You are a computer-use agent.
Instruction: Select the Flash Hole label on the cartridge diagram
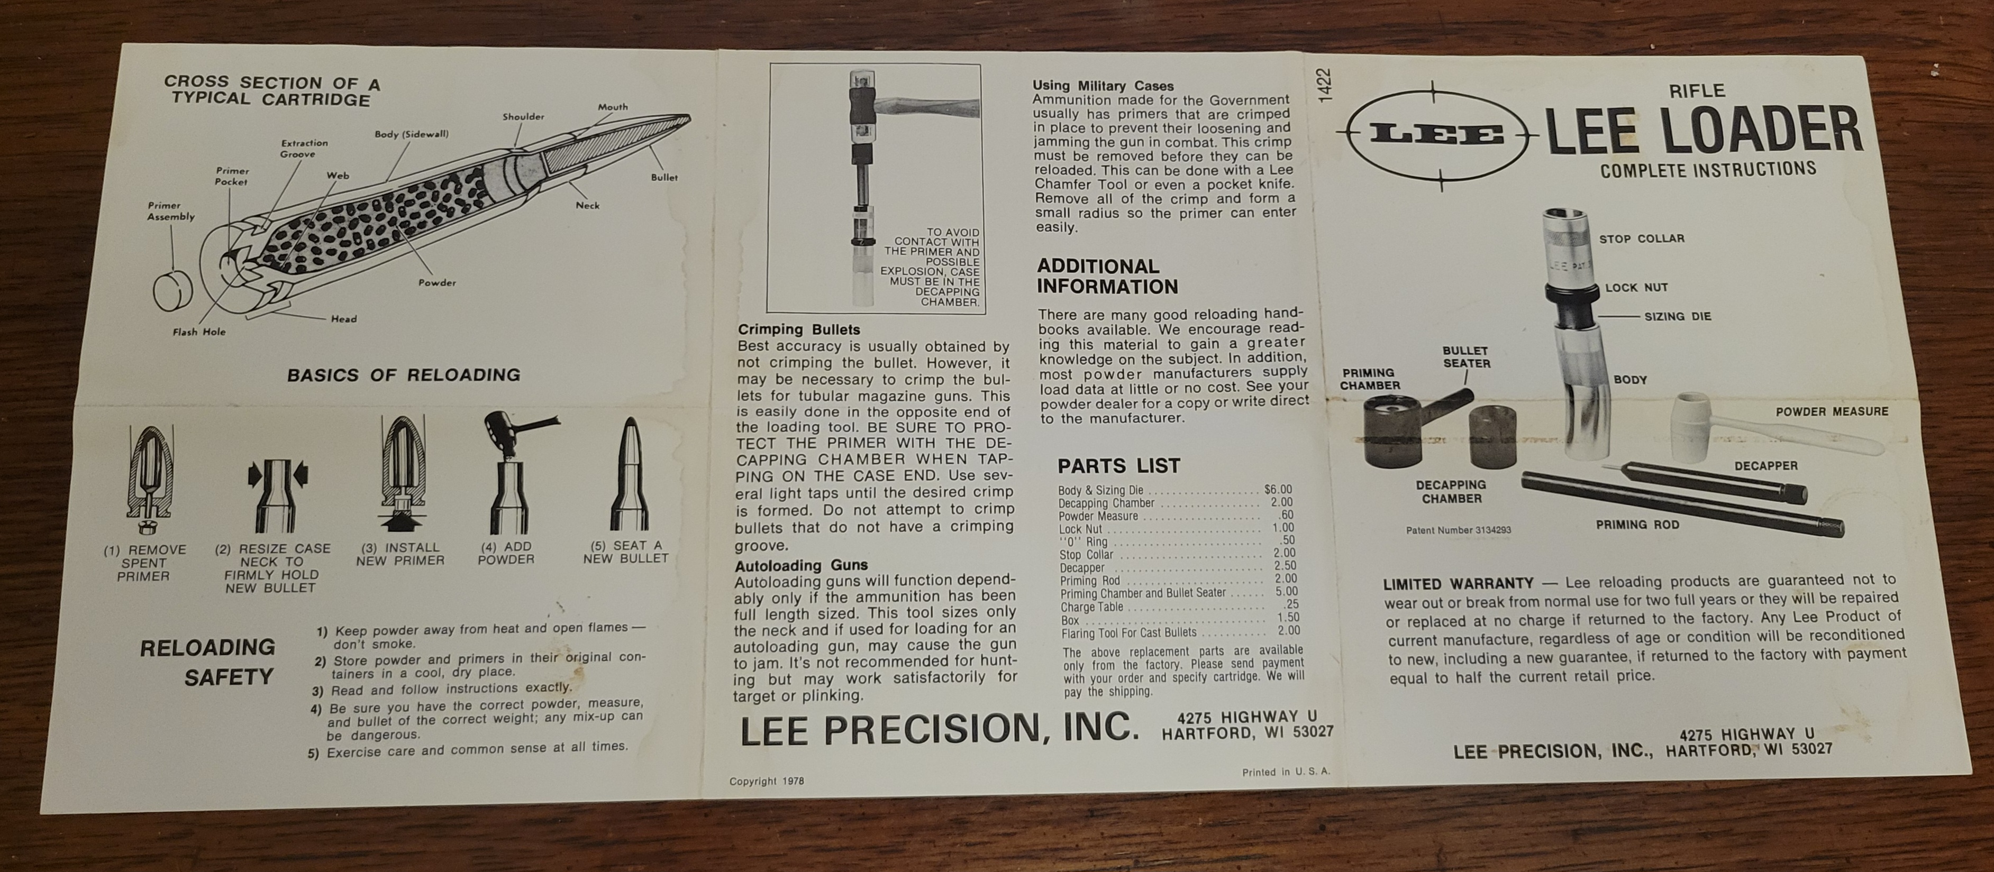pos(199,332)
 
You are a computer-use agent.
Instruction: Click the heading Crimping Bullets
pos(799,329)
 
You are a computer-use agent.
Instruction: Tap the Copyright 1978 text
pos(766,782)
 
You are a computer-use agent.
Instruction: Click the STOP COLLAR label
pos(1642,238)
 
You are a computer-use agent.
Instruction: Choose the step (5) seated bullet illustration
pos(628,475)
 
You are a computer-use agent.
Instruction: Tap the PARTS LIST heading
pos(1118,466)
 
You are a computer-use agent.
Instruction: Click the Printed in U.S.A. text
pos(1286,772)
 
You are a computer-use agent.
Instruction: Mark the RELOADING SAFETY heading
pos(207,662)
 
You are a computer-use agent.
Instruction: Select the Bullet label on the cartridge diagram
pos(664,177)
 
